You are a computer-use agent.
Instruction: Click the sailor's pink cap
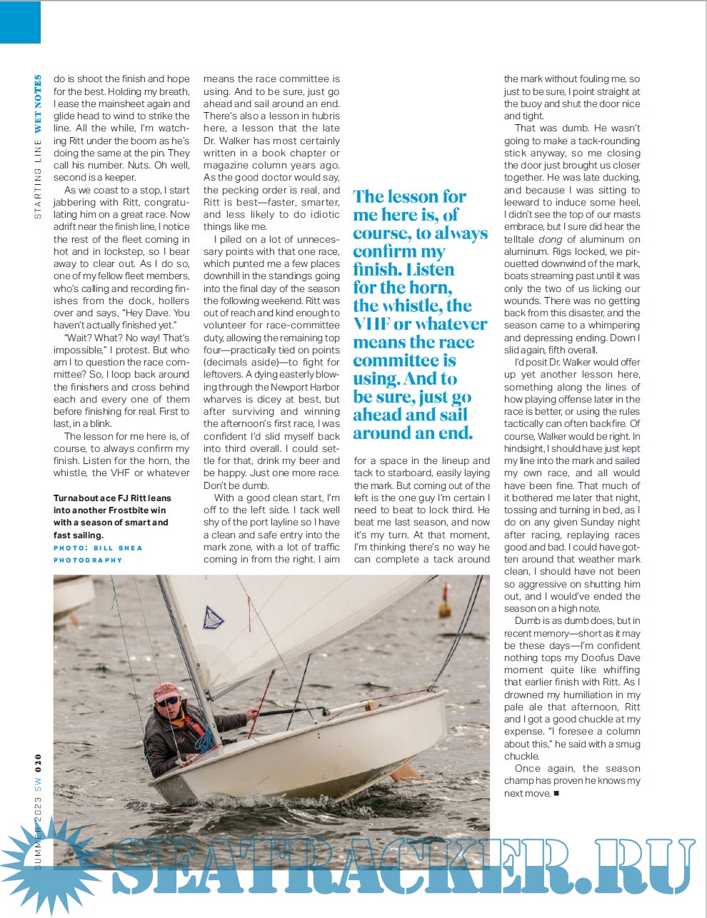coord(166,690)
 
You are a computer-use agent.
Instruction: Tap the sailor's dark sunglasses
coord(169,701)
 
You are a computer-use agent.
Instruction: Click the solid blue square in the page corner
coord(20,21)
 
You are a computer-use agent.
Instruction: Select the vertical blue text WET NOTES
coord(38,104)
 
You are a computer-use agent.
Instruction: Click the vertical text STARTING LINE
coord(38,178)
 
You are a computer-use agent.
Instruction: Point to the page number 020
coord(38,763)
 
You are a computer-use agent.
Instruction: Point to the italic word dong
coord(550,239)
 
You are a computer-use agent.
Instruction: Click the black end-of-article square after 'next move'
coord(556,793)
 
